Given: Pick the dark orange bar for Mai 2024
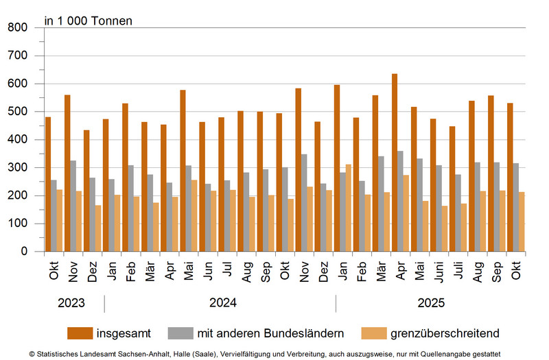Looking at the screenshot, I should (x=183, y=171).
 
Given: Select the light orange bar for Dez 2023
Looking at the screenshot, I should (x=99, y=228).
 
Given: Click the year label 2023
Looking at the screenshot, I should (x=71, y=303).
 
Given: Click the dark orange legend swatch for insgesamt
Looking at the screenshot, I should (x=80, y=333).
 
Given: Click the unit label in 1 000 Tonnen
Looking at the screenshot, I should (x=89, y=21).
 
